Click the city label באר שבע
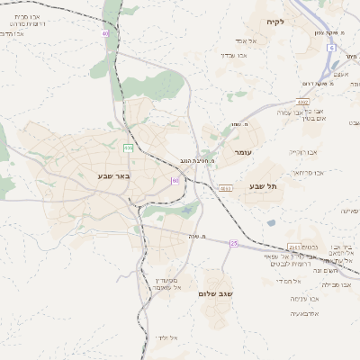click(x=114, y=175)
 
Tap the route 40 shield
click(x=105, y=33)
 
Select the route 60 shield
click(x=175, y=181)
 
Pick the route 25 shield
click(x=234, y=243)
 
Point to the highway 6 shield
click(x=331, y=47)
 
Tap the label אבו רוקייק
click(x=303, y=152)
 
